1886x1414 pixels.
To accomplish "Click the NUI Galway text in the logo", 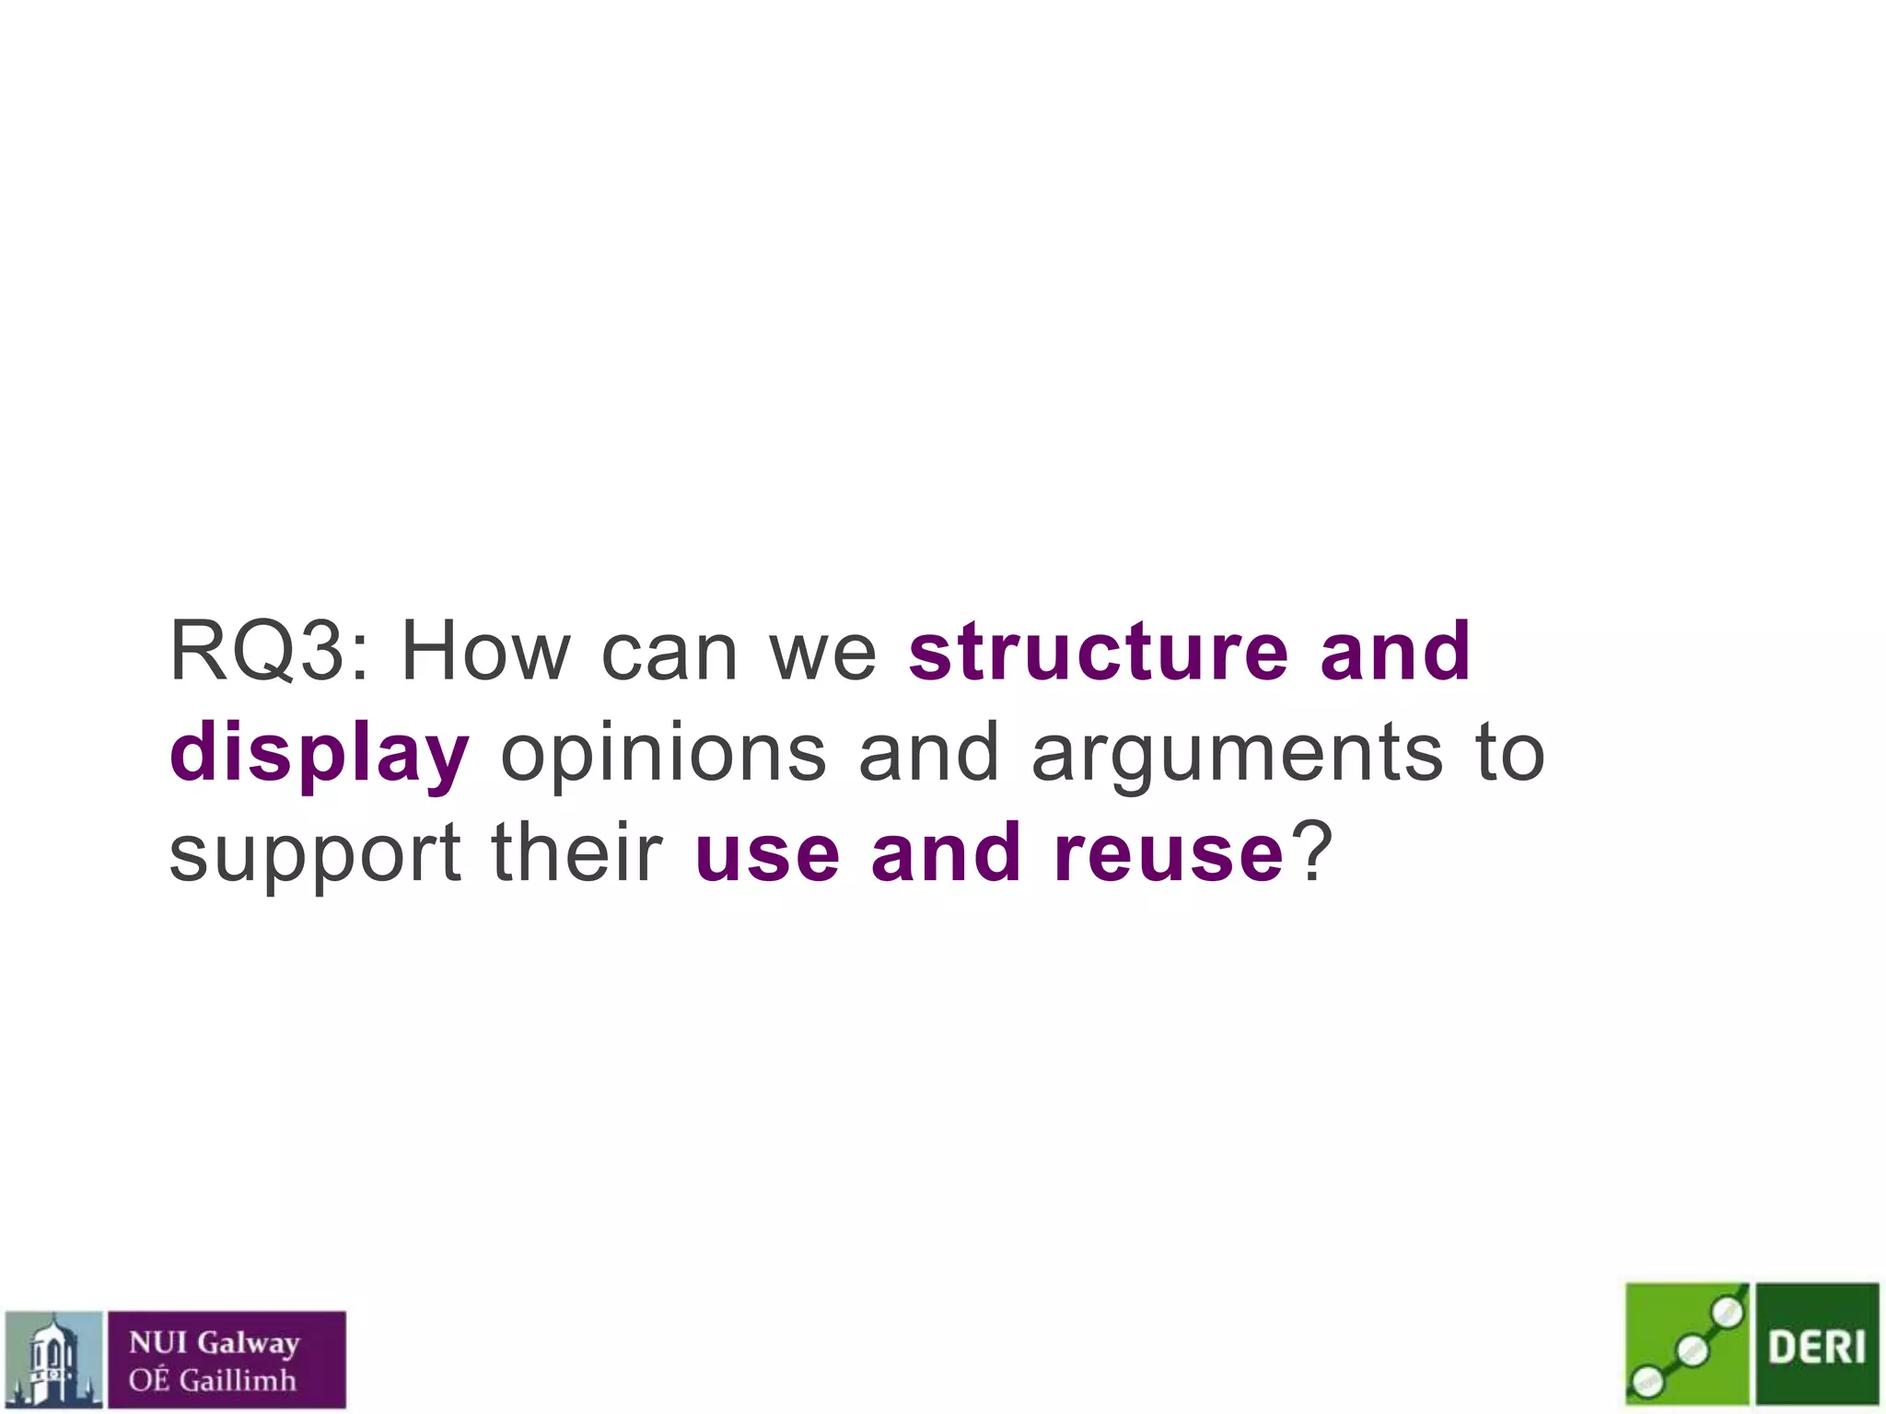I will (x=214, y=1343).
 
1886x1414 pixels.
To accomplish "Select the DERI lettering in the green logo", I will (x=1816, y=1347).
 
